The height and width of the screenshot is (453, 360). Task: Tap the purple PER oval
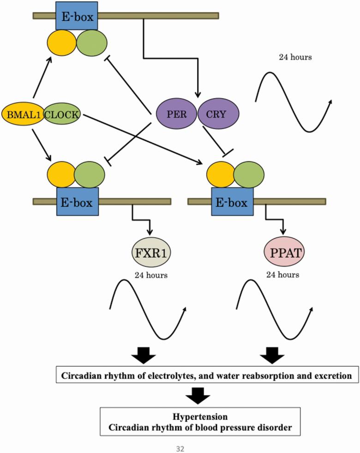(177, 113)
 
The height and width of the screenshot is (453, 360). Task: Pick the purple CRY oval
(219, 113)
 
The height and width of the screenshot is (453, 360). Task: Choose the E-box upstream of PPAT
(229, 202)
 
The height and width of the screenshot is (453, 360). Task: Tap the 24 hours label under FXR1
(151, 276)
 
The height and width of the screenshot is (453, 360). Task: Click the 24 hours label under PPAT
(282, 275)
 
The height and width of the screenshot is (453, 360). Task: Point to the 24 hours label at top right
(295, 58)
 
